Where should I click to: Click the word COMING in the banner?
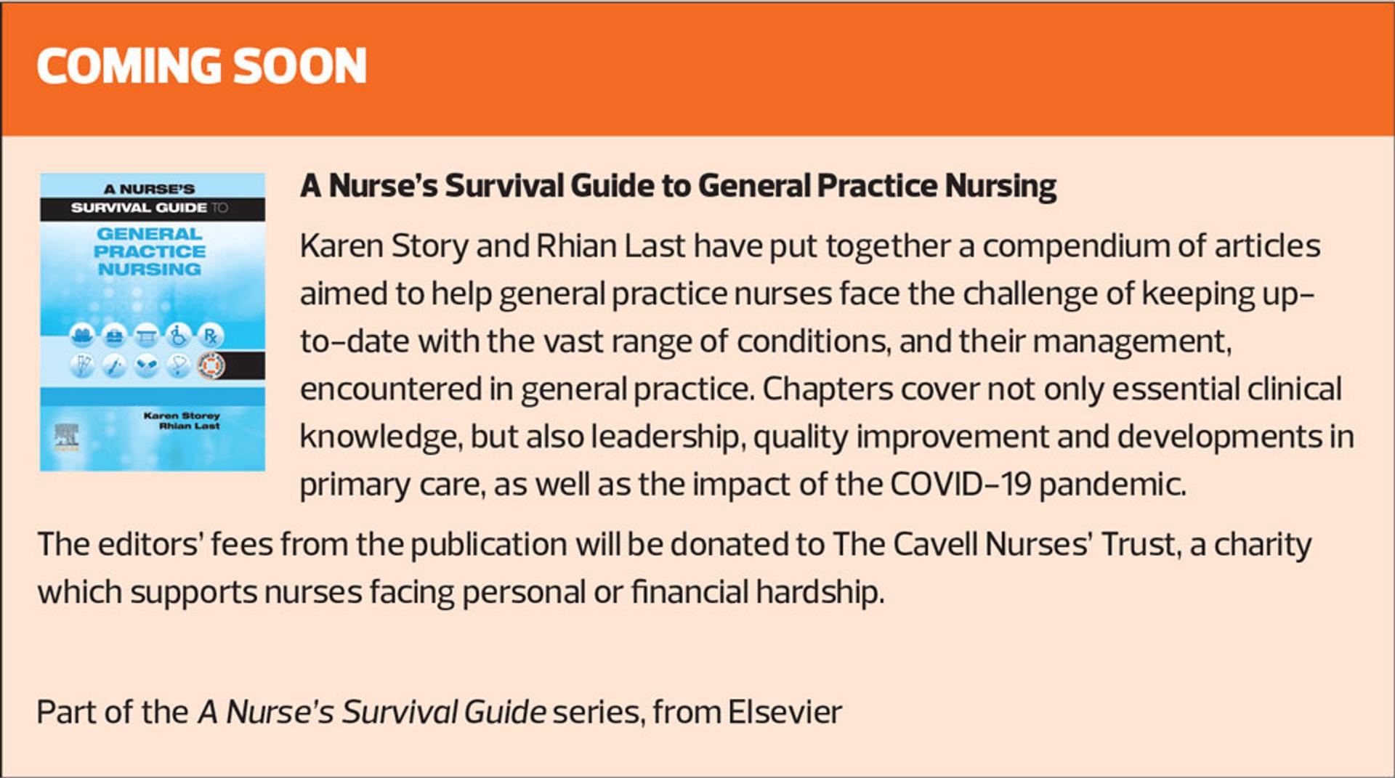coord(129,65)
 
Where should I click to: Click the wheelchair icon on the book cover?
coord(179,335)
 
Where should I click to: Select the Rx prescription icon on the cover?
coord(211,335)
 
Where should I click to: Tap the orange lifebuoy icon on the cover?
coord(211,365)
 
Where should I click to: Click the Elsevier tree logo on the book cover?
coord(66,436)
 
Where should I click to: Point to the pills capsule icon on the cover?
coord(147,365)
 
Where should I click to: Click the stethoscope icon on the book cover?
coord(179,365)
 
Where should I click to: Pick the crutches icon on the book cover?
coord(82,365)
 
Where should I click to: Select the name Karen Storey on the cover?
coord(182,416)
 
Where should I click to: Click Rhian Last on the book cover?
coord(189,426)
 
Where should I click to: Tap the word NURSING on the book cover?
coord(150,269)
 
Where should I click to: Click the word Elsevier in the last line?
coord(785,712)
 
